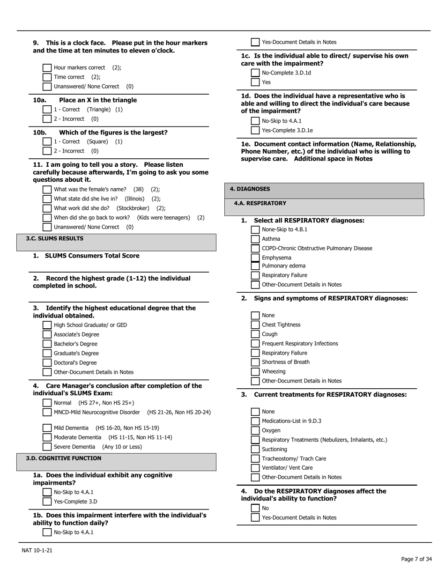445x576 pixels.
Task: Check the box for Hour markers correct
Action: (x=47, y=68)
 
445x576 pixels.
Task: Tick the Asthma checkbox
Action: (x=255, y=239)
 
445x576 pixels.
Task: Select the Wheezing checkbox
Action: (x=255, y=372)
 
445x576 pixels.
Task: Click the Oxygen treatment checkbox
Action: (x=255, y=430)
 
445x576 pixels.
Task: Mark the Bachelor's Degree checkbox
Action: (x=47, y=344)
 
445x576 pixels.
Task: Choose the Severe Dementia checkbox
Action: (x=47, y=447)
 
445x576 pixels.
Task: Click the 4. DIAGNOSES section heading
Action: (x=250, y=189)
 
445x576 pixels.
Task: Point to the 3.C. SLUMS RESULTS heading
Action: (x=54, y=239)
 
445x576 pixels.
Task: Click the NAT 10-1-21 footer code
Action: (x=37, y=550)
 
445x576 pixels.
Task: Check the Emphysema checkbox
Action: (x=255, y=258)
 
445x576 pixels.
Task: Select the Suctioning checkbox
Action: (x=255, y=449)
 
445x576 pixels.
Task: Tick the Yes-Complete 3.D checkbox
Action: (x=47, y=502)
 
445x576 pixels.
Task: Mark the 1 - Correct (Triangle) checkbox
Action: (x=47, y=110)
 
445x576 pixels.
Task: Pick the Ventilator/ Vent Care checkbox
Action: (x=255, y=468)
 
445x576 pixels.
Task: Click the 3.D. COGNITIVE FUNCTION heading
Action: (x=63, y=458)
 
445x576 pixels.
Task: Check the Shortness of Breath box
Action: (x=255, y=362)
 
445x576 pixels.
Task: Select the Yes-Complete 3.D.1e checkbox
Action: (x=255, y=131)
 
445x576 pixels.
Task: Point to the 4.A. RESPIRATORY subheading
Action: (x=260, y=204)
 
